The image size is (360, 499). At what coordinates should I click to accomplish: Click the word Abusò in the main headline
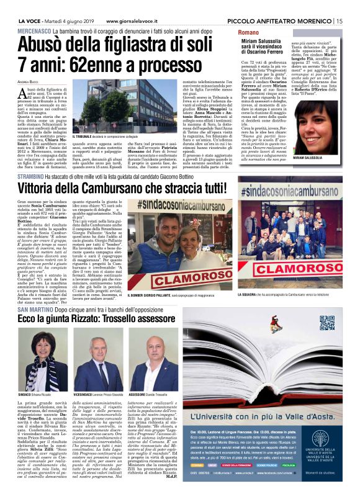(x=43, y=45)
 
